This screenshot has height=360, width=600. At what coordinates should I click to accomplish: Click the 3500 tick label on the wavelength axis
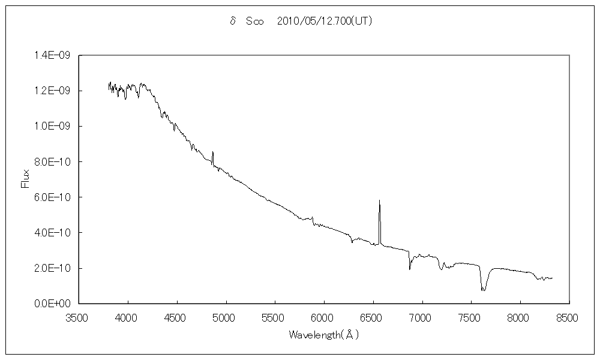[79, 316]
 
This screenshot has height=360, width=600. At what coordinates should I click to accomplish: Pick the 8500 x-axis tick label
[569, 316]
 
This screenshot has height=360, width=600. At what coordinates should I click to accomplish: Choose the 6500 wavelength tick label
[373, 316]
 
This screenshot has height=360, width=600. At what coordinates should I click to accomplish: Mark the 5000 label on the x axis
[226, 316]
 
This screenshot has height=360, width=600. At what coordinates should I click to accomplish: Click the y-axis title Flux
[25, 179]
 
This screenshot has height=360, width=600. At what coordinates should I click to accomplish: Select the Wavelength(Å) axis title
[323, 335]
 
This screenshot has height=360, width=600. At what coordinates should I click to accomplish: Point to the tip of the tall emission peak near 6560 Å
[379, 200]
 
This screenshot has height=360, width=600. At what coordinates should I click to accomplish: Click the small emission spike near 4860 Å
[213, 152]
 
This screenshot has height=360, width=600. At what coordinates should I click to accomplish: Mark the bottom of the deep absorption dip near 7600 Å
[484, 290]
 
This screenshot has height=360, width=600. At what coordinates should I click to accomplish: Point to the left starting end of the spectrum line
[109, 88]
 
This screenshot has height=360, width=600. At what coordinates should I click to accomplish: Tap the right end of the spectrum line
[552, 278]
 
